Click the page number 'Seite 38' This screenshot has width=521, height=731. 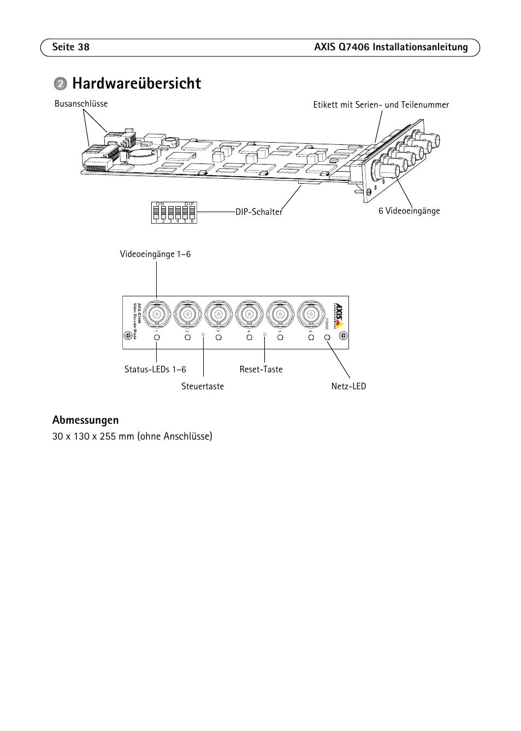point(71,47)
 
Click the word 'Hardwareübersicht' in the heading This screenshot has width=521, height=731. point(136,84)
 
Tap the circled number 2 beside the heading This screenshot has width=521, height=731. point(60,84)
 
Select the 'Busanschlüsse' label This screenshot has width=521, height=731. point(81,104)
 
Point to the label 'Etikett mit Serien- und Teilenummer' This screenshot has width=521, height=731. point(381,105)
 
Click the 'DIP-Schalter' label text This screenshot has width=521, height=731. point(259,212)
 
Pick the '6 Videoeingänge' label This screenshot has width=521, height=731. point(409,211)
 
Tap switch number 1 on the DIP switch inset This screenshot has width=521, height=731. point(156,212)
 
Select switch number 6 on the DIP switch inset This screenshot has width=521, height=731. point(192,212)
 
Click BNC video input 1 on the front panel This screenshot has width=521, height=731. point(157,314)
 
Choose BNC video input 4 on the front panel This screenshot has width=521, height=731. point(249,314)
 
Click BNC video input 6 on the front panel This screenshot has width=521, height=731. point(311,314)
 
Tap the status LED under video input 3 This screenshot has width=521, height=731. point(218,338)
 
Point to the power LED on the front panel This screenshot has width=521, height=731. point(328,338)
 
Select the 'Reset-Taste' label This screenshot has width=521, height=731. point(261,370)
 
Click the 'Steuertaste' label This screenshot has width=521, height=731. point(203,387)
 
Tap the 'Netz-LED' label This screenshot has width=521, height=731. point(348,387)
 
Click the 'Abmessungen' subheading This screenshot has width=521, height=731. point(85,420)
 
